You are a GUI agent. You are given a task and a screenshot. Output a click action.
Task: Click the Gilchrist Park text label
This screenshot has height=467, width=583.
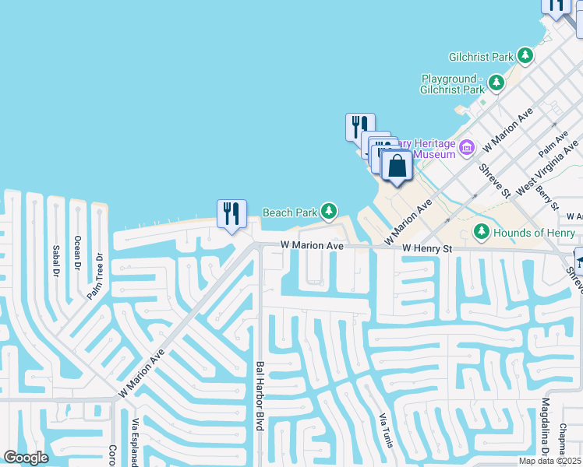481,57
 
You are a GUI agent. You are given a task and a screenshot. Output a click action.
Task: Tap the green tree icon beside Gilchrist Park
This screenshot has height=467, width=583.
526,56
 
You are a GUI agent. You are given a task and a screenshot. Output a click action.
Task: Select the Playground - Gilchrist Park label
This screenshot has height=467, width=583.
453,84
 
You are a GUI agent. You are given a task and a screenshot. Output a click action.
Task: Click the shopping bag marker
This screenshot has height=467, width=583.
397,166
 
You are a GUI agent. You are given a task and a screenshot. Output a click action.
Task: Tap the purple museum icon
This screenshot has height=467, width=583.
467,147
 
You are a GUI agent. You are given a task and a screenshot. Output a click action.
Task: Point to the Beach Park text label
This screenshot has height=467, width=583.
289,212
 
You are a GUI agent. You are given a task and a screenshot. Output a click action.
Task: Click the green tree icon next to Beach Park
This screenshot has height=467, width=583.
330,211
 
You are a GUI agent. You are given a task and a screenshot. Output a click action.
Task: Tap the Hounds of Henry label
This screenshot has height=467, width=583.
534,233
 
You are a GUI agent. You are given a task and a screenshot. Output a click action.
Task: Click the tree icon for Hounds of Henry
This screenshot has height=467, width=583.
482,232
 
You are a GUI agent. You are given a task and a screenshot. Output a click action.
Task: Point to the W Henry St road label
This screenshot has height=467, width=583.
427,248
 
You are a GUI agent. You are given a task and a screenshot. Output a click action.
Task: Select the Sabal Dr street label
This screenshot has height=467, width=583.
55,261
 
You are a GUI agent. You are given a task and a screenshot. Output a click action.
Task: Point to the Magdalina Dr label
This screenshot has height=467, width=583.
546,427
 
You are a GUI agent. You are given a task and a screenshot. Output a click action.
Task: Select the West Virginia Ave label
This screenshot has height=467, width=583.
548,165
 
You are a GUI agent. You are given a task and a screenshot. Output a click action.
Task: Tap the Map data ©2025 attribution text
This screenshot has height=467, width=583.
549,461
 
